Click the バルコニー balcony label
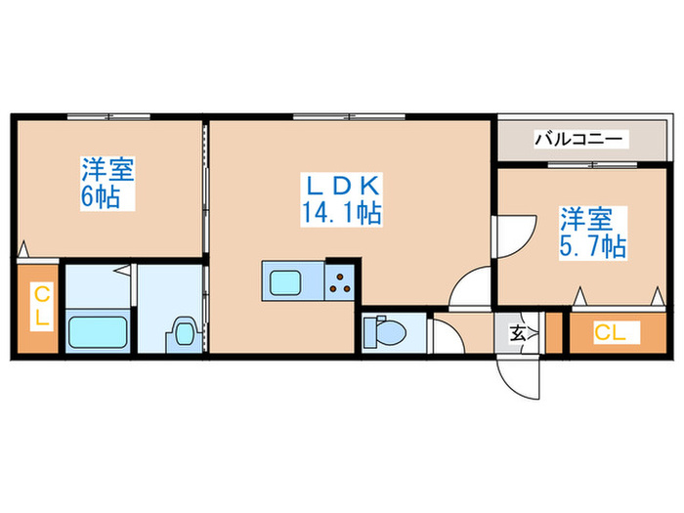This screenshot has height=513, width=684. (577, 140)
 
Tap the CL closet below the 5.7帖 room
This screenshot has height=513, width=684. (611, 332)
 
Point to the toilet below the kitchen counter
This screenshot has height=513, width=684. (389, 333)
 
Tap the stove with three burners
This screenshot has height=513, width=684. (340, 283)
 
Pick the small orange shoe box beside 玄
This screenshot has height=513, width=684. (553, 332)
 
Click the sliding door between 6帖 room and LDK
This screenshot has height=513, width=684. (205, 186)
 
